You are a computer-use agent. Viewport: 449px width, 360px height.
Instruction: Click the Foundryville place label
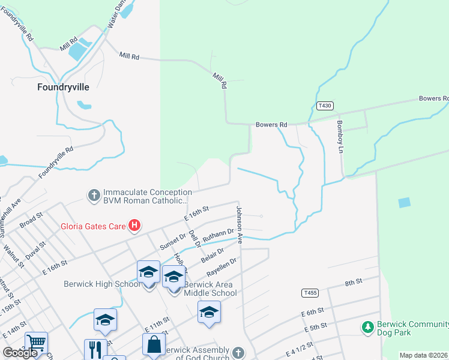click(x=63, y=86)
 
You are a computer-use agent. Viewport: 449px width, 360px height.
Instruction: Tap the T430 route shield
click(x=325, y=106)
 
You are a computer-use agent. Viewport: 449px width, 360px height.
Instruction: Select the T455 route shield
click(x=309, y=292)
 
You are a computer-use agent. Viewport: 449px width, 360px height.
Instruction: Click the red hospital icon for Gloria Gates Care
click(x=135, y=226)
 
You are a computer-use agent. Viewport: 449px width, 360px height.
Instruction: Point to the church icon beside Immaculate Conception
click(x=94, y=195)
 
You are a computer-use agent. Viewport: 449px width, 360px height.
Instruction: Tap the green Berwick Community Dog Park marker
click(x=367, y=327)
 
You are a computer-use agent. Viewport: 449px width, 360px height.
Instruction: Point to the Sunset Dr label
click(x=173, y=239)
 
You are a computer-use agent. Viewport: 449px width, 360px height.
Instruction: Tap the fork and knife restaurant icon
click(x=95, y=350)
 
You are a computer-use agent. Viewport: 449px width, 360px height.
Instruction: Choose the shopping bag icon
click(x=154, y=344)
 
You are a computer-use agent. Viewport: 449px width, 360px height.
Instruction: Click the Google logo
click(x=19, y=353)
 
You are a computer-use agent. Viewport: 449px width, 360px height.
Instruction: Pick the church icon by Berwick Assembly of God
click(x=238, y=352)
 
